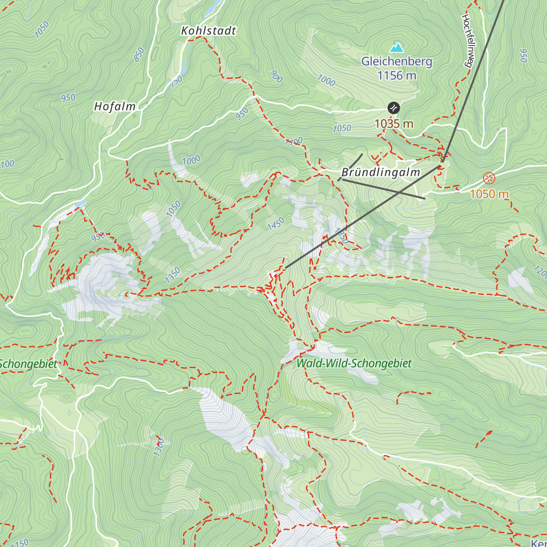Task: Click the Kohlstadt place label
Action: point(208,31)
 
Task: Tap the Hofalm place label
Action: point(115,107)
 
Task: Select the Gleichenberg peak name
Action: point(397,62)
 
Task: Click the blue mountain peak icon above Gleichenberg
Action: point(397,47)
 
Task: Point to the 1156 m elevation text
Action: point(397,76)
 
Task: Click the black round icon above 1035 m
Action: point(393,108)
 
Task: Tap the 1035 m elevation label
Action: point(394,124)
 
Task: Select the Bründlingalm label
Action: point(381,172)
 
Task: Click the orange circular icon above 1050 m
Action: point(489,178)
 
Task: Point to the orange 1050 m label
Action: point(489,194)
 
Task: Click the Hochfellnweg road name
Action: point(467,41)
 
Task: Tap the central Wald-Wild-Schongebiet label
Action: point(354,364)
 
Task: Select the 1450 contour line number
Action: point(276,224)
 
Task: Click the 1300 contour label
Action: point(159,447)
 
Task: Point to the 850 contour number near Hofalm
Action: point(139,54)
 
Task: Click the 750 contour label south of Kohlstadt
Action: point(176,82)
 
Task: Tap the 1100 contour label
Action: point(294,142)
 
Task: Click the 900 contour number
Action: point(276,77)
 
